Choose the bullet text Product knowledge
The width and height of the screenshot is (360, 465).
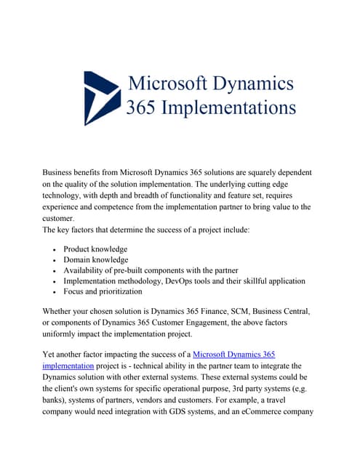click(95, 248)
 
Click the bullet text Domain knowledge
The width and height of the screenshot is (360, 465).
click(96, 259)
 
